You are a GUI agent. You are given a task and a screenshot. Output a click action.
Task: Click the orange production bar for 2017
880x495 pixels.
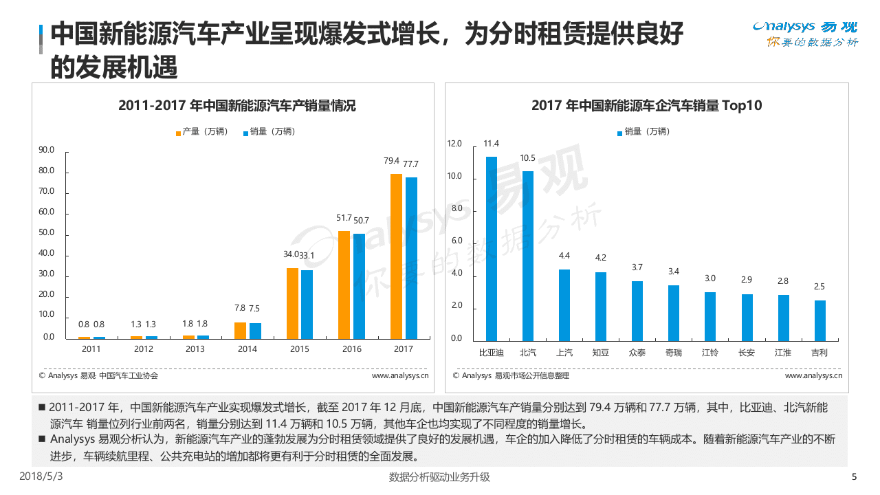click(x=396, y=256)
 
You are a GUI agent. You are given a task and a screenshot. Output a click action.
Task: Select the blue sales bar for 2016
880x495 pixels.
click(x=359, y=286)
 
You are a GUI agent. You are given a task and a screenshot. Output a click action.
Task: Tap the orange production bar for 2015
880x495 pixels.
click(x=292, y=303)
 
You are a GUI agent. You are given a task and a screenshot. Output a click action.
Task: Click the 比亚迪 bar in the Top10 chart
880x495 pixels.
click(x=491, y=248)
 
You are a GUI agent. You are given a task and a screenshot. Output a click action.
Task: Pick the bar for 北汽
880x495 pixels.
click(x=527, y=256)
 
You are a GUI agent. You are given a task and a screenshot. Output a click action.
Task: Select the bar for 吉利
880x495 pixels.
click(x=819, y=320)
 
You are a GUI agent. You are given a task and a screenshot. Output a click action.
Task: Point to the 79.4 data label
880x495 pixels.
click(x=391, y=161)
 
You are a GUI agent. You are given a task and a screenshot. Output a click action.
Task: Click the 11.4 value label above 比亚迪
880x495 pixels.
click(x=491, y=144)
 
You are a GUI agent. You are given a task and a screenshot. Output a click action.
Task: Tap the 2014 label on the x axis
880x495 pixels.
click(x=247, y=349)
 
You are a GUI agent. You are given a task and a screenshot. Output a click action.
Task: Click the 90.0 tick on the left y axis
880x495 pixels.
click(x=46, y=150)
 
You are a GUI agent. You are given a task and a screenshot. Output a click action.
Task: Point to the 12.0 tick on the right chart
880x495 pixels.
click(x=454, y=144)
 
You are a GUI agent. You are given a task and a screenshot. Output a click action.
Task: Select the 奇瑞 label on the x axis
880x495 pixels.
click(x=674, y=353)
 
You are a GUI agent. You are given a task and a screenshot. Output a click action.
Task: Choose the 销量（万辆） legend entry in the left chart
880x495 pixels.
click(x=269, y=131)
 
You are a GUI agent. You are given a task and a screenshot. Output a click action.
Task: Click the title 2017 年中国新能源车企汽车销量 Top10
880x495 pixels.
click(x=646, y=105)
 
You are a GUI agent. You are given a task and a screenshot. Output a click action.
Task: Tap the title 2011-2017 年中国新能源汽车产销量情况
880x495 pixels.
click(x=237, y=105)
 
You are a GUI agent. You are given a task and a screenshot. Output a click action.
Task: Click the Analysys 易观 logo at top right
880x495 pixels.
click(x=805, y=34)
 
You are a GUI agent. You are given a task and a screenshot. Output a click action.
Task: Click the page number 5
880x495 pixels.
click(x=854, y=477)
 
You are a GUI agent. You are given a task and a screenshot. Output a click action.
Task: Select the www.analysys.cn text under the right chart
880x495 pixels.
click(x=813, y=375)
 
